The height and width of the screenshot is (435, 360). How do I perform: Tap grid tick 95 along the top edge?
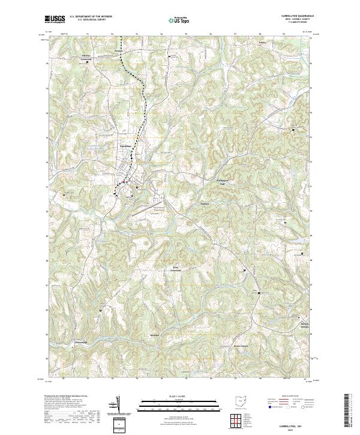click(186, 34)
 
